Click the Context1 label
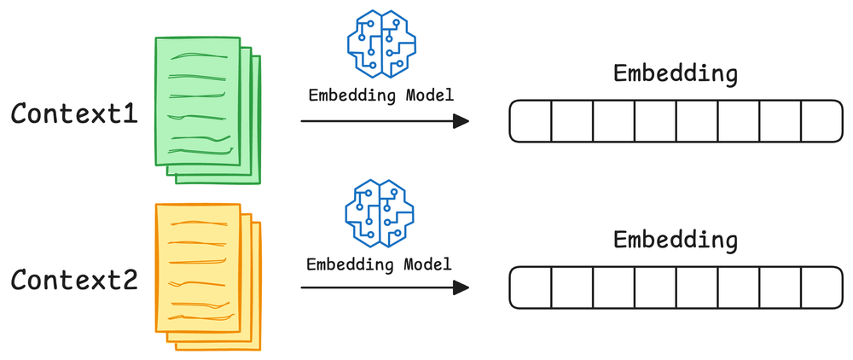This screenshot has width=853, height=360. (x=74, y=113)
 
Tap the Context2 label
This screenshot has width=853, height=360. (x=74, y=279)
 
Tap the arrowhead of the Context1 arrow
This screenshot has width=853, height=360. (x=461, y=121)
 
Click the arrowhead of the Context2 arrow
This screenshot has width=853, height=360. (x=461, y=287)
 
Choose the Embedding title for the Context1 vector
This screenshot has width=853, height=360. (x=676, y=74)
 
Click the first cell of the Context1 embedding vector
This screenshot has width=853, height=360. (x=531, y=121)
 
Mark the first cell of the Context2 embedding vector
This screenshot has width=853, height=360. (x=531, y=287)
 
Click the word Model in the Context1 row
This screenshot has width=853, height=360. (x=428, y=94)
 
